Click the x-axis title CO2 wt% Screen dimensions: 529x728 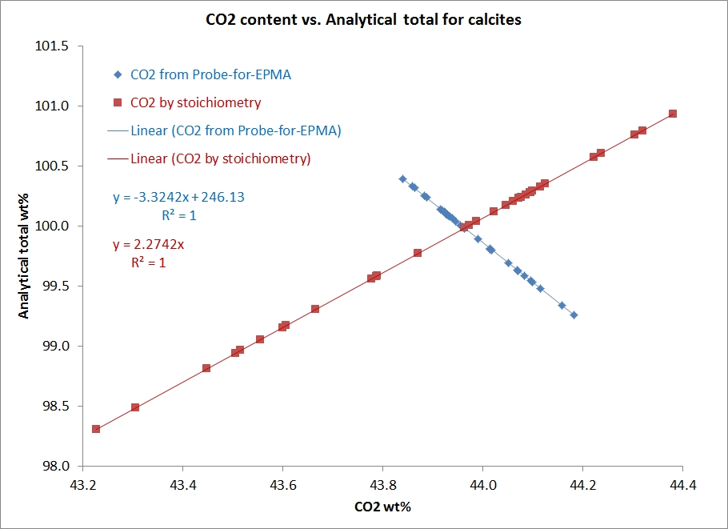(x=382, y=507)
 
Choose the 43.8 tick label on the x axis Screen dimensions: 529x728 (x=383, y=484)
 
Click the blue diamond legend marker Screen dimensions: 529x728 (x=118, y=76)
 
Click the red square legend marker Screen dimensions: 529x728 (x=118, y=103)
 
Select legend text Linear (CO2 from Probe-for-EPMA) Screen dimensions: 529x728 (x=236, y=130)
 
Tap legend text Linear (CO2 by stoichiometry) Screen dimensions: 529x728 (x=220, y=158)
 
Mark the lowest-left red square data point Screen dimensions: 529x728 (x=96, y=429)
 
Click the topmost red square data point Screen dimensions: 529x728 (x=673, y=114)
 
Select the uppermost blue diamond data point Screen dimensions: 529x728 (x=402, y=179)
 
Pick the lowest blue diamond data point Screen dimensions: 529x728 (x=574, y=315)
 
